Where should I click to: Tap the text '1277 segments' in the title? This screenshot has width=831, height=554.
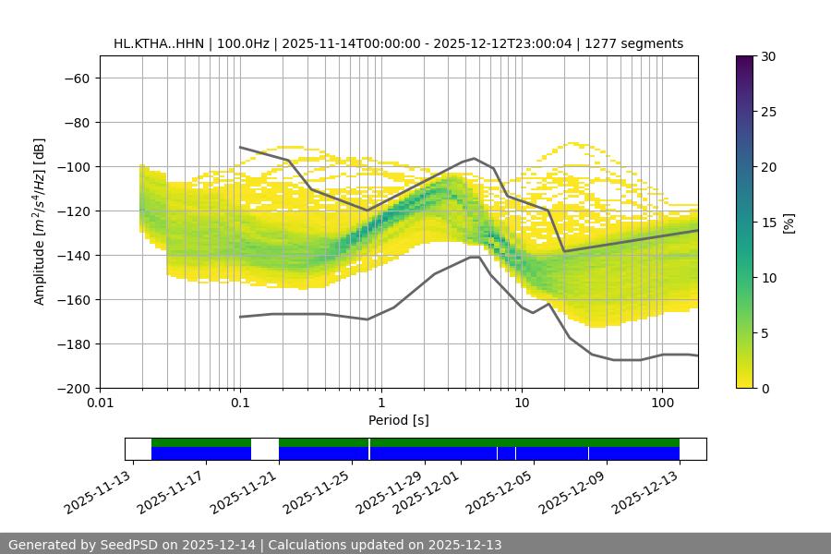coord(640,43)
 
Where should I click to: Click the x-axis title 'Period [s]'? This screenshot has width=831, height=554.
coord(398,421)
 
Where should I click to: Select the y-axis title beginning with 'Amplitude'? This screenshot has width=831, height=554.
coord(40,223)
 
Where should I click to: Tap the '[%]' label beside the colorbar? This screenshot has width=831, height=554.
coord(789,223)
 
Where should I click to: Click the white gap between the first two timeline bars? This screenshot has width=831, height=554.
coord(265,449)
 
